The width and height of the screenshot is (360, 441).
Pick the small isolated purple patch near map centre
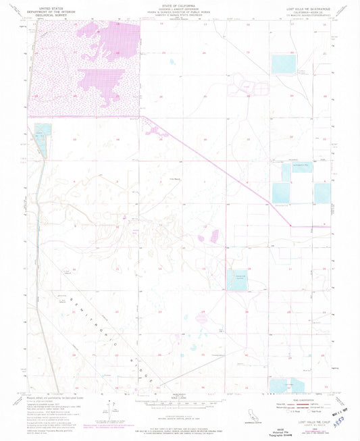[x=215, y=236]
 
